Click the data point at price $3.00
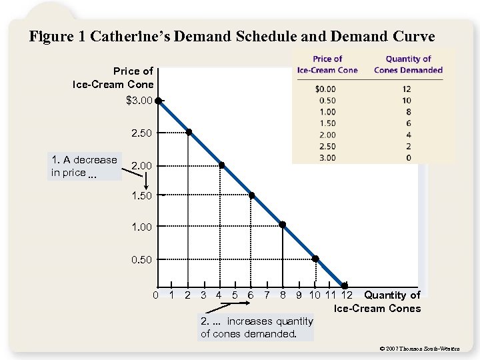(159, 101)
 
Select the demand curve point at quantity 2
(189, 132)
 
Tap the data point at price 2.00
(221, 165)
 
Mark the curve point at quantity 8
(283, 225)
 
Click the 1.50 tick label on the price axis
(141, 195)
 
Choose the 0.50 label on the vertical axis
(141, 259)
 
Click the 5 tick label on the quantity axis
(235, 295)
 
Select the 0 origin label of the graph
(155, 295)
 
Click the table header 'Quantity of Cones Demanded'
(408, 65)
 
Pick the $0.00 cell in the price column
(325, 89)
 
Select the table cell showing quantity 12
(407, 89)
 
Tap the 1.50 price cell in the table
(327, 123)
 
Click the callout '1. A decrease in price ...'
(85, 166)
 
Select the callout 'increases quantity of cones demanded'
(257, 327)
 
